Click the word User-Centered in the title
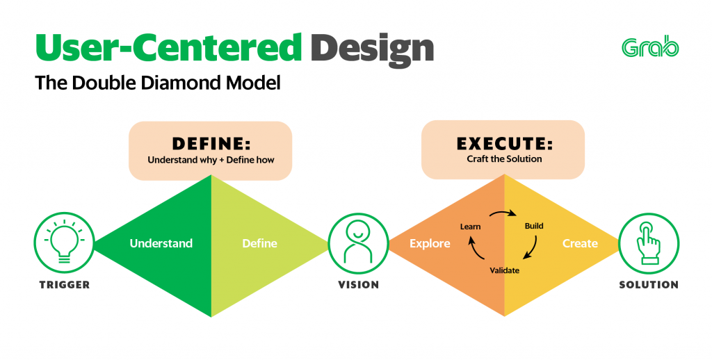coord(169,47)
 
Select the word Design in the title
coord(372,47)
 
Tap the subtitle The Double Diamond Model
coord(157,84)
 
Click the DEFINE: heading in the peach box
coord(211,144)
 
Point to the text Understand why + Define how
coord(211,161)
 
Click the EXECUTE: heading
coord(503,144)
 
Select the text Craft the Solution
coord(503,159)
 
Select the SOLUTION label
coord(649,285)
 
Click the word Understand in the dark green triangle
coord(161,243)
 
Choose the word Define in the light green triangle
coord(259,243)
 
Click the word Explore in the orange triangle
coord(430,243)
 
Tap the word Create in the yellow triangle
coord(580,243)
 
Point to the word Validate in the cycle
coord(504,270)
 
